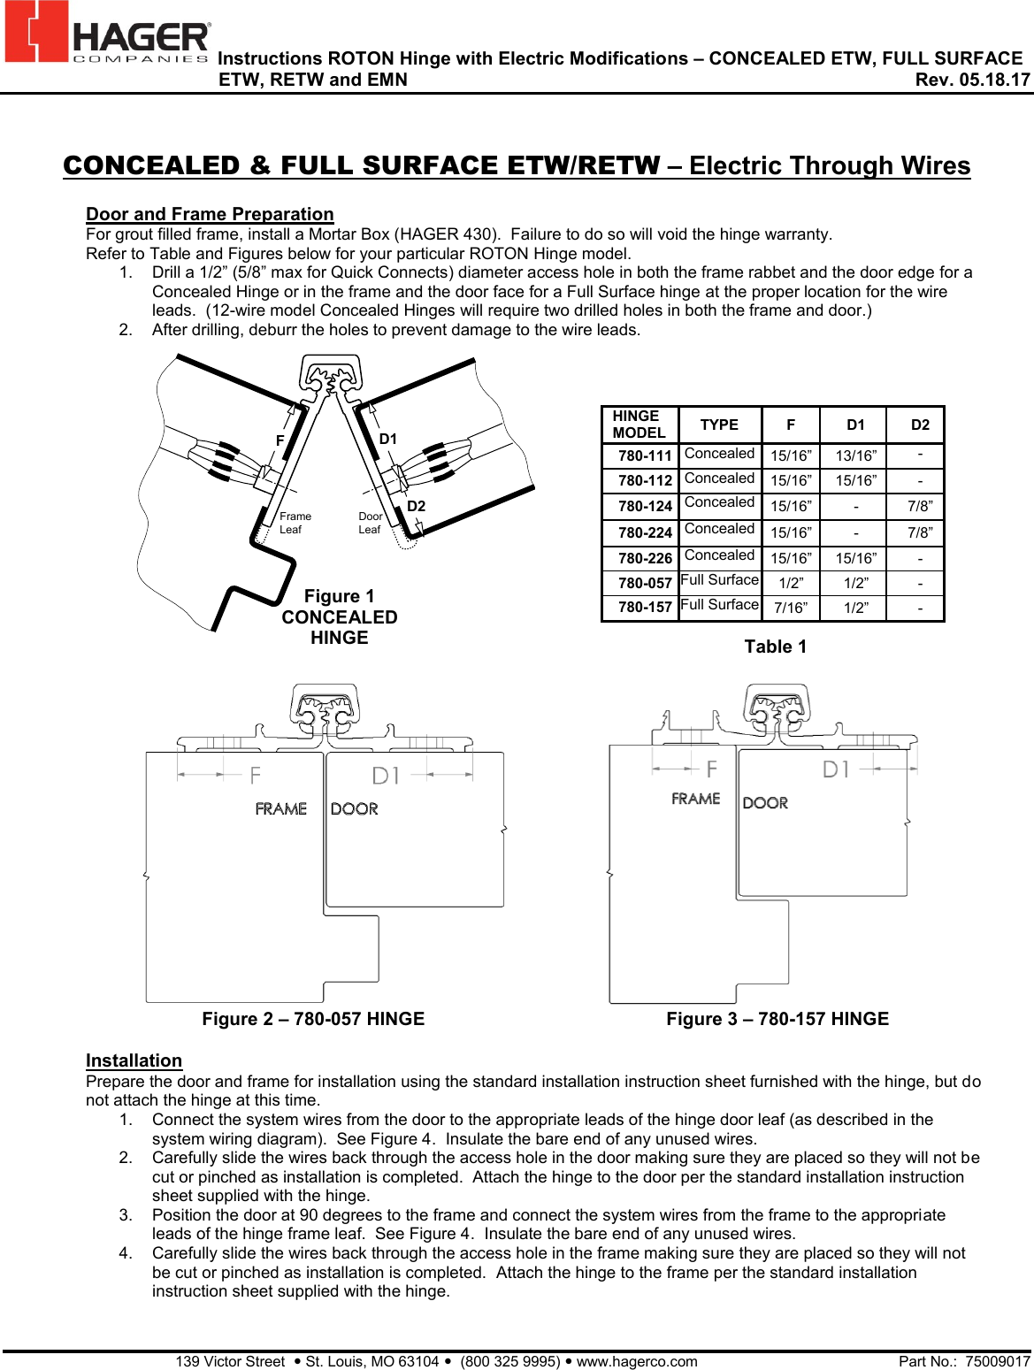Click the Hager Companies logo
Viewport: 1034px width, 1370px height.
coord(107,34)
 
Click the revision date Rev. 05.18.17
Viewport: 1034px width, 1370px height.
coord(972,80)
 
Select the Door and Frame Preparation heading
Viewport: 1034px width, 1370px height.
coord(210,214)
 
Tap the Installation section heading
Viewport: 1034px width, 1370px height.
coord(134,1060)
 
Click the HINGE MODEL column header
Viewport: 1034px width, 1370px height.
coord(639,425)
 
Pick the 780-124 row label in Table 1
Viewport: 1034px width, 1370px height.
coord(645,507)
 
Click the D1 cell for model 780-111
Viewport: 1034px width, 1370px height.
coord(855,456)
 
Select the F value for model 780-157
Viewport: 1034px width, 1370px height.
coord(790,608)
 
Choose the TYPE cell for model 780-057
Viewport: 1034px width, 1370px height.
coord(719,580)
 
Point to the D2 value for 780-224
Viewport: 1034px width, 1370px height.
coord(919,532)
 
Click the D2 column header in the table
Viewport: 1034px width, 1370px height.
coord(920,425)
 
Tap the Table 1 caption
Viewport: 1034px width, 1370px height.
coord(775,647)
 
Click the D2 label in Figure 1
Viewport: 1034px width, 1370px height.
coord(416,506)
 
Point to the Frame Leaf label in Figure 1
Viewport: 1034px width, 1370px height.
coord(295,523)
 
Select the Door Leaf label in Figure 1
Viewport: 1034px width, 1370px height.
coord(370,523)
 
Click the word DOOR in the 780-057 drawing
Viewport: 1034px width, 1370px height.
coord(354,808)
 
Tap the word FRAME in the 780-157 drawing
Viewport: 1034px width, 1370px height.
coord(695,799)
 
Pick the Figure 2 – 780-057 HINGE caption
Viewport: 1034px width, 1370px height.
coord(313,1019)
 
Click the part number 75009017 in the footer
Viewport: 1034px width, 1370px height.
coord(997,1361)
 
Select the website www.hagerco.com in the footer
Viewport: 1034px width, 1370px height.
coord(637,1361)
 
